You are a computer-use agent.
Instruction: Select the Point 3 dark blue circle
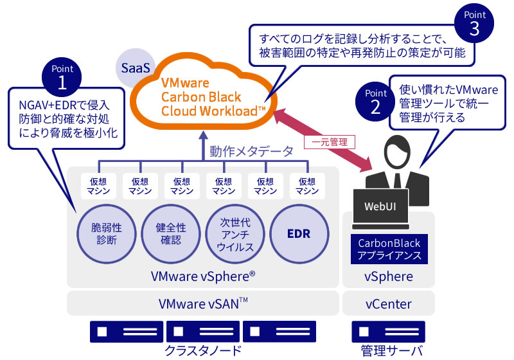click(474, 24)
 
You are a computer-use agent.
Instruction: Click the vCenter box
click(389, 303)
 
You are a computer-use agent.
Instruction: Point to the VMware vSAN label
click(203, 303)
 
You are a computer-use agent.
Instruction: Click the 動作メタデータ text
click(252, 152)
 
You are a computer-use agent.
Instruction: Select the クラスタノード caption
click(203, 350)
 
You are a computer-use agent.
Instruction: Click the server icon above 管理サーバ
click(389, 331)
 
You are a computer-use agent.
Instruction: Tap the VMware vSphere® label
click(203, 276)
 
